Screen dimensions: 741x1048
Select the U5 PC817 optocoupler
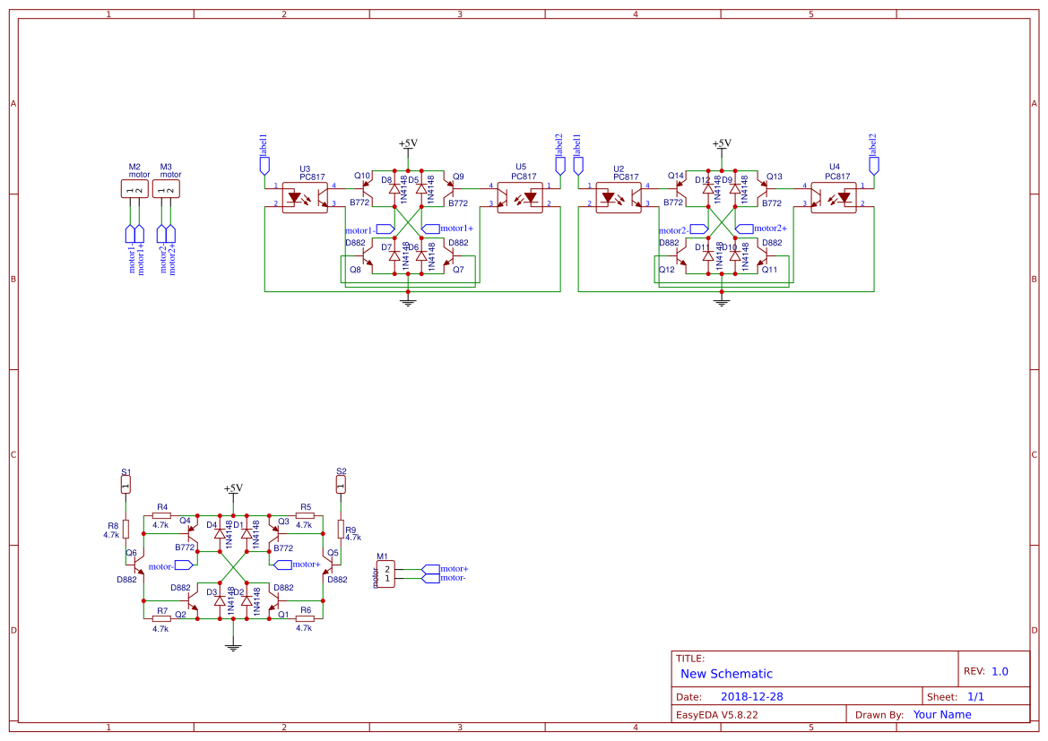(520, 197)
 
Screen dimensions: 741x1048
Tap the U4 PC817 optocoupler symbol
(834, 197)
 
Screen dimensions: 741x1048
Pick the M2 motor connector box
(134, 189)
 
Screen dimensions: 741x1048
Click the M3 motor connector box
(166, 189)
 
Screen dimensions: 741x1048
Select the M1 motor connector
(385, 573)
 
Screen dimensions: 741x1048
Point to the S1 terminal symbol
(126, 484)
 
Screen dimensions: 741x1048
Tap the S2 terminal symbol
(341, 484)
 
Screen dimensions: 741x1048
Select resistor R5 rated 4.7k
(305, 515)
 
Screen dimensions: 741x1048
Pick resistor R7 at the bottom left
(161, 618)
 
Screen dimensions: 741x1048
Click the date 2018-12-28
(751, 697)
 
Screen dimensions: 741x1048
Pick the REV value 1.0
(1000, 671)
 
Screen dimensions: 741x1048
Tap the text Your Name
(941, 715)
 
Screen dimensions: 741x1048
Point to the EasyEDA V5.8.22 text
(716, 715)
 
